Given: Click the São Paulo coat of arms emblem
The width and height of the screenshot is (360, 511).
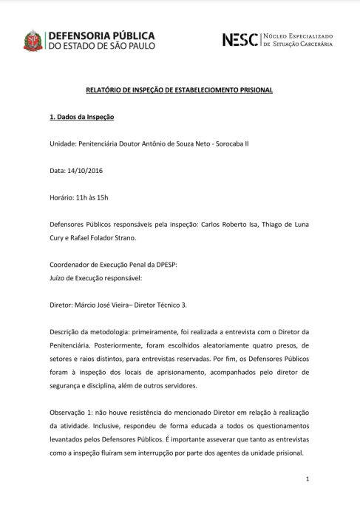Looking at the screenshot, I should tap(34, 41).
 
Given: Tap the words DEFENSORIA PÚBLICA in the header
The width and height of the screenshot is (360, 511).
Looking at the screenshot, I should tap(101, 35).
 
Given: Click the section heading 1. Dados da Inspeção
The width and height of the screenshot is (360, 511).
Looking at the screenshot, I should tap(81, 117).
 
